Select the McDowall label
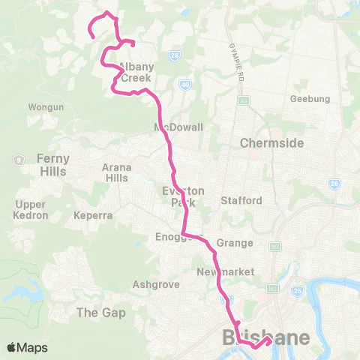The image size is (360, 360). coord(178,127)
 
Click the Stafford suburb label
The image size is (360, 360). coord(241,200)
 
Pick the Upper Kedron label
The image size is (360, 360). coord(31,210)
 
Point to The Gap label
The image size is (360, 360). coord(98,311)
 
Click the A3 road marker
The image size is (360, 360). coord(244,99)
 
